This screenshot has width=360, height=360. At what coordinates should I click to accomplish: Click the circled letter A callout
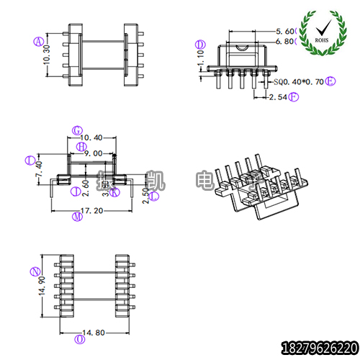click(x=37, y=41)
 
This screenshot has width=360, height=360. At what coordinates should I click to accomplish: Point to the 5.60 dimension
click(x=285, y=32)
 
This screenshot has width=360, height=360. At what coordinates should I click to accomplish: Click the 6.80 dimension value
click(x=285, y=42)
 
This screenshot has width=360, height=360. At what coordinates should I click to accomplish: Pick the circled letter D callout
click(x=201, y=45)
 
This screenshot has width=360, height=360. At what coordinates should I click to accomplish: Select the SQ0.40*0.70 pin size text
click(x=299, y=83)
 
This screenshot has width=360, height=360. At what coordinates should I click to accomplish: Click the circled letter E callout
click(x=331, y=82)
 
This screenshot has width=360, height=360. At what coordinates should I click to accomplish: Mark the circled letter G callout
click(x=78, y=130)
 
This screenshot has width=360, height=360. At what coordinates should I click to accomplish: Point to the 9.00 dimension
click(x=93, y=153)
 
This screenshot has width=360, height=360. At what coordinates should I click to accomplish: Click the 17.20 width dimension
click(x=92, y=212)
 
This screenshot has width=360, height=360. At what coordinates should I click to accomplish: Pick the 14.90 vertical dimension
click(x=44, y=286)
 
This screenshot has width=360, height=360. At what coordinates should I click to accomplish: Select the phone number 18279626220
click(x=318, y=346)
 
